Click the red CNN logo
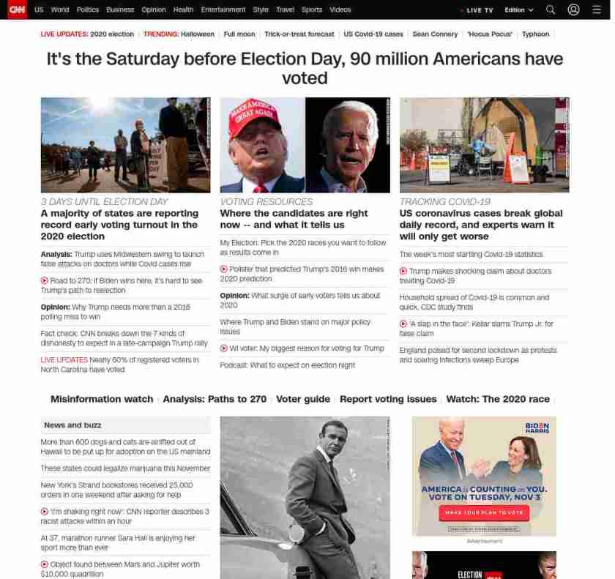(16, 10)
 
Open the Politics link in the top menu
(87, 10)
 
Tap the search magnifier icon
(551, 10)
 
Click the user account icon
(574, 10)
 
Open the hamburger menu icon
(597, 10)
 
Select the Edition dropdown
(518, 10)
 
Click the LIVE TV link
(478, 10)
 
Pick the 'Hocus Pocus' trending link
(490, 34)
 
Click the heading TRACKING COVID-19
(444, 201)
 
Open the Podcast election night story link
(287, 365)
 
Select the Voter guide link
(303, 399)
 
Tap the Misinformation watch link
(102, 399)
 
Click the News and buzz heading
(72, 425)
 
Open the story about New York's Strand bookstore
(116, 490)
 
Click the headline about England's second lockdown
(477, 355)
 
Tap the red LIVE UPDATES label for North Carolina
(64, 360)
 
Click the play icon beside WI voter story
(224, 348)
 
